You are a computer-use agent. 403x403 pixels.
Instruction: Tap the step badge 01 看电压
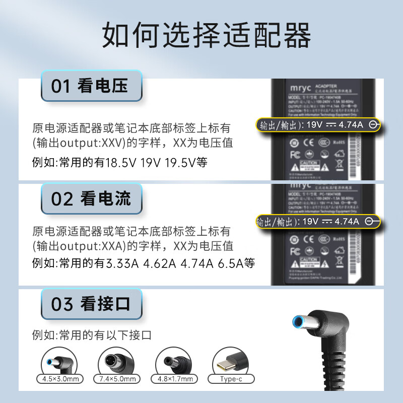click(x=91, y=86)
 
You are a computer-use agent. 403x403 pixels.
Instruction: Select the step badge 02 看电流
click(x=91, y=199)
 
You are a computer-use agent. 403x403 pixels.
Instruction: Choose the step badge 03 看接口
click(x=91, y=304)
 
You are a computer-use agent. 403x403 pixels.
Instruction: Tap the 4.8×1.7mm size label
click(x=174, y=379)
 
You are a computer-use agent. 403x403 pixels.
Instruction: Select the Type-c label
click(x=231, y=379)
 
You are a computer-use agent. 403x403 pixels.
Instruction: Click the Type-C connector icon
click(x=231, y=360)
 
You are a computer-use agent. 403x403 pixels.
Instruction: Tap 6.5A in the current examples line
click(x=230, y=263)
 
